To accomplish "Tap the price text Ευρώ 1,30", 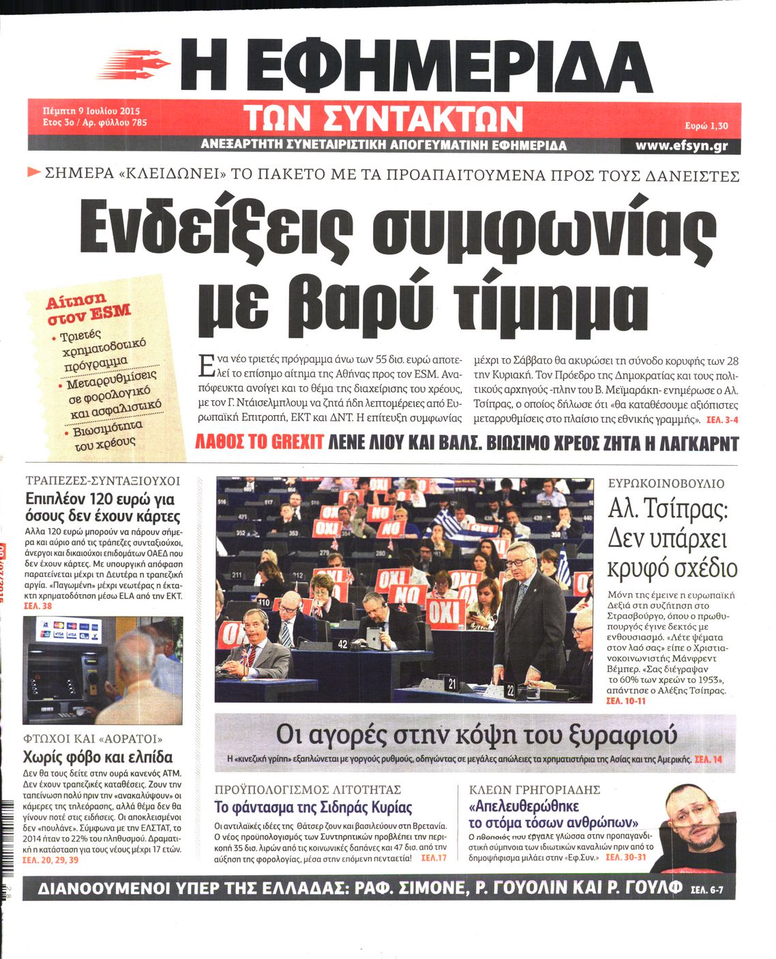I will pyautogui.click(x=706, y=126).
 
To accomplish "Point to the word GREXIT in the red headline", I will pyautogui.click(x=297, y=443).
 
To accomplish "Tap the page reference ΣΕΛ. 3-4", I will pyautogui.click(x=721, y=419).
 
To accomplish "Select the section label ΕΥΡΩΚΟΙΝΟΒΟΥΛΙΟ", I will pyautogui.click(x=666, y=484).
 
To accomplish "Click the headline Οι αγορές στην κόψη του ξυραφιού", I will pyautogui.click(x=476, y=735).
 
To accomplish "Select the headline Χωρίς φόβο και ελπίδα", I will pyautogui.click(x=98, y=756).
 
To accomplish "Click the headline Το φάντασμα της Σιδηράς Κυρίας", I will pyautogui.click(x=314, y=808).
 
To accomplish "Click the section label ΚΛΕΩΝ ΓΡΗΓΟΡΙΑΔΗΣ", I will pyautogui.click(x=535, y=790).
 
